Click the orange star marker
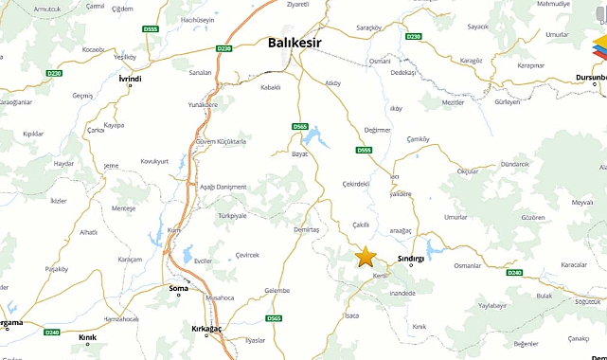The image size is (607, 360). tap(366, 256)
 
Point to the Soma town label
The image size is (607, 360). tap(178, 287)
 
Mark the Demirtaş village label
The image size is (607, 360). tap(307, 230)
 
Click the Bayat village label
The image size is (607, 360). tap(299, 153)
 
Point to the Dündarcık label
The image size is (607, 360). tap(514, 164)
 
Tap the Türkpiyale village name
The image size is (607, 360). tap(232, 216)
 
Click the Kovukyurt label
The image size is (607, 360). tap(153, 161)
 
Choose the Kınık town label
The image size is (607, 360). tap(88, 337)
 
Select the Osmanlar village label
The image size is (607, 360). tap(468, 266)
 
